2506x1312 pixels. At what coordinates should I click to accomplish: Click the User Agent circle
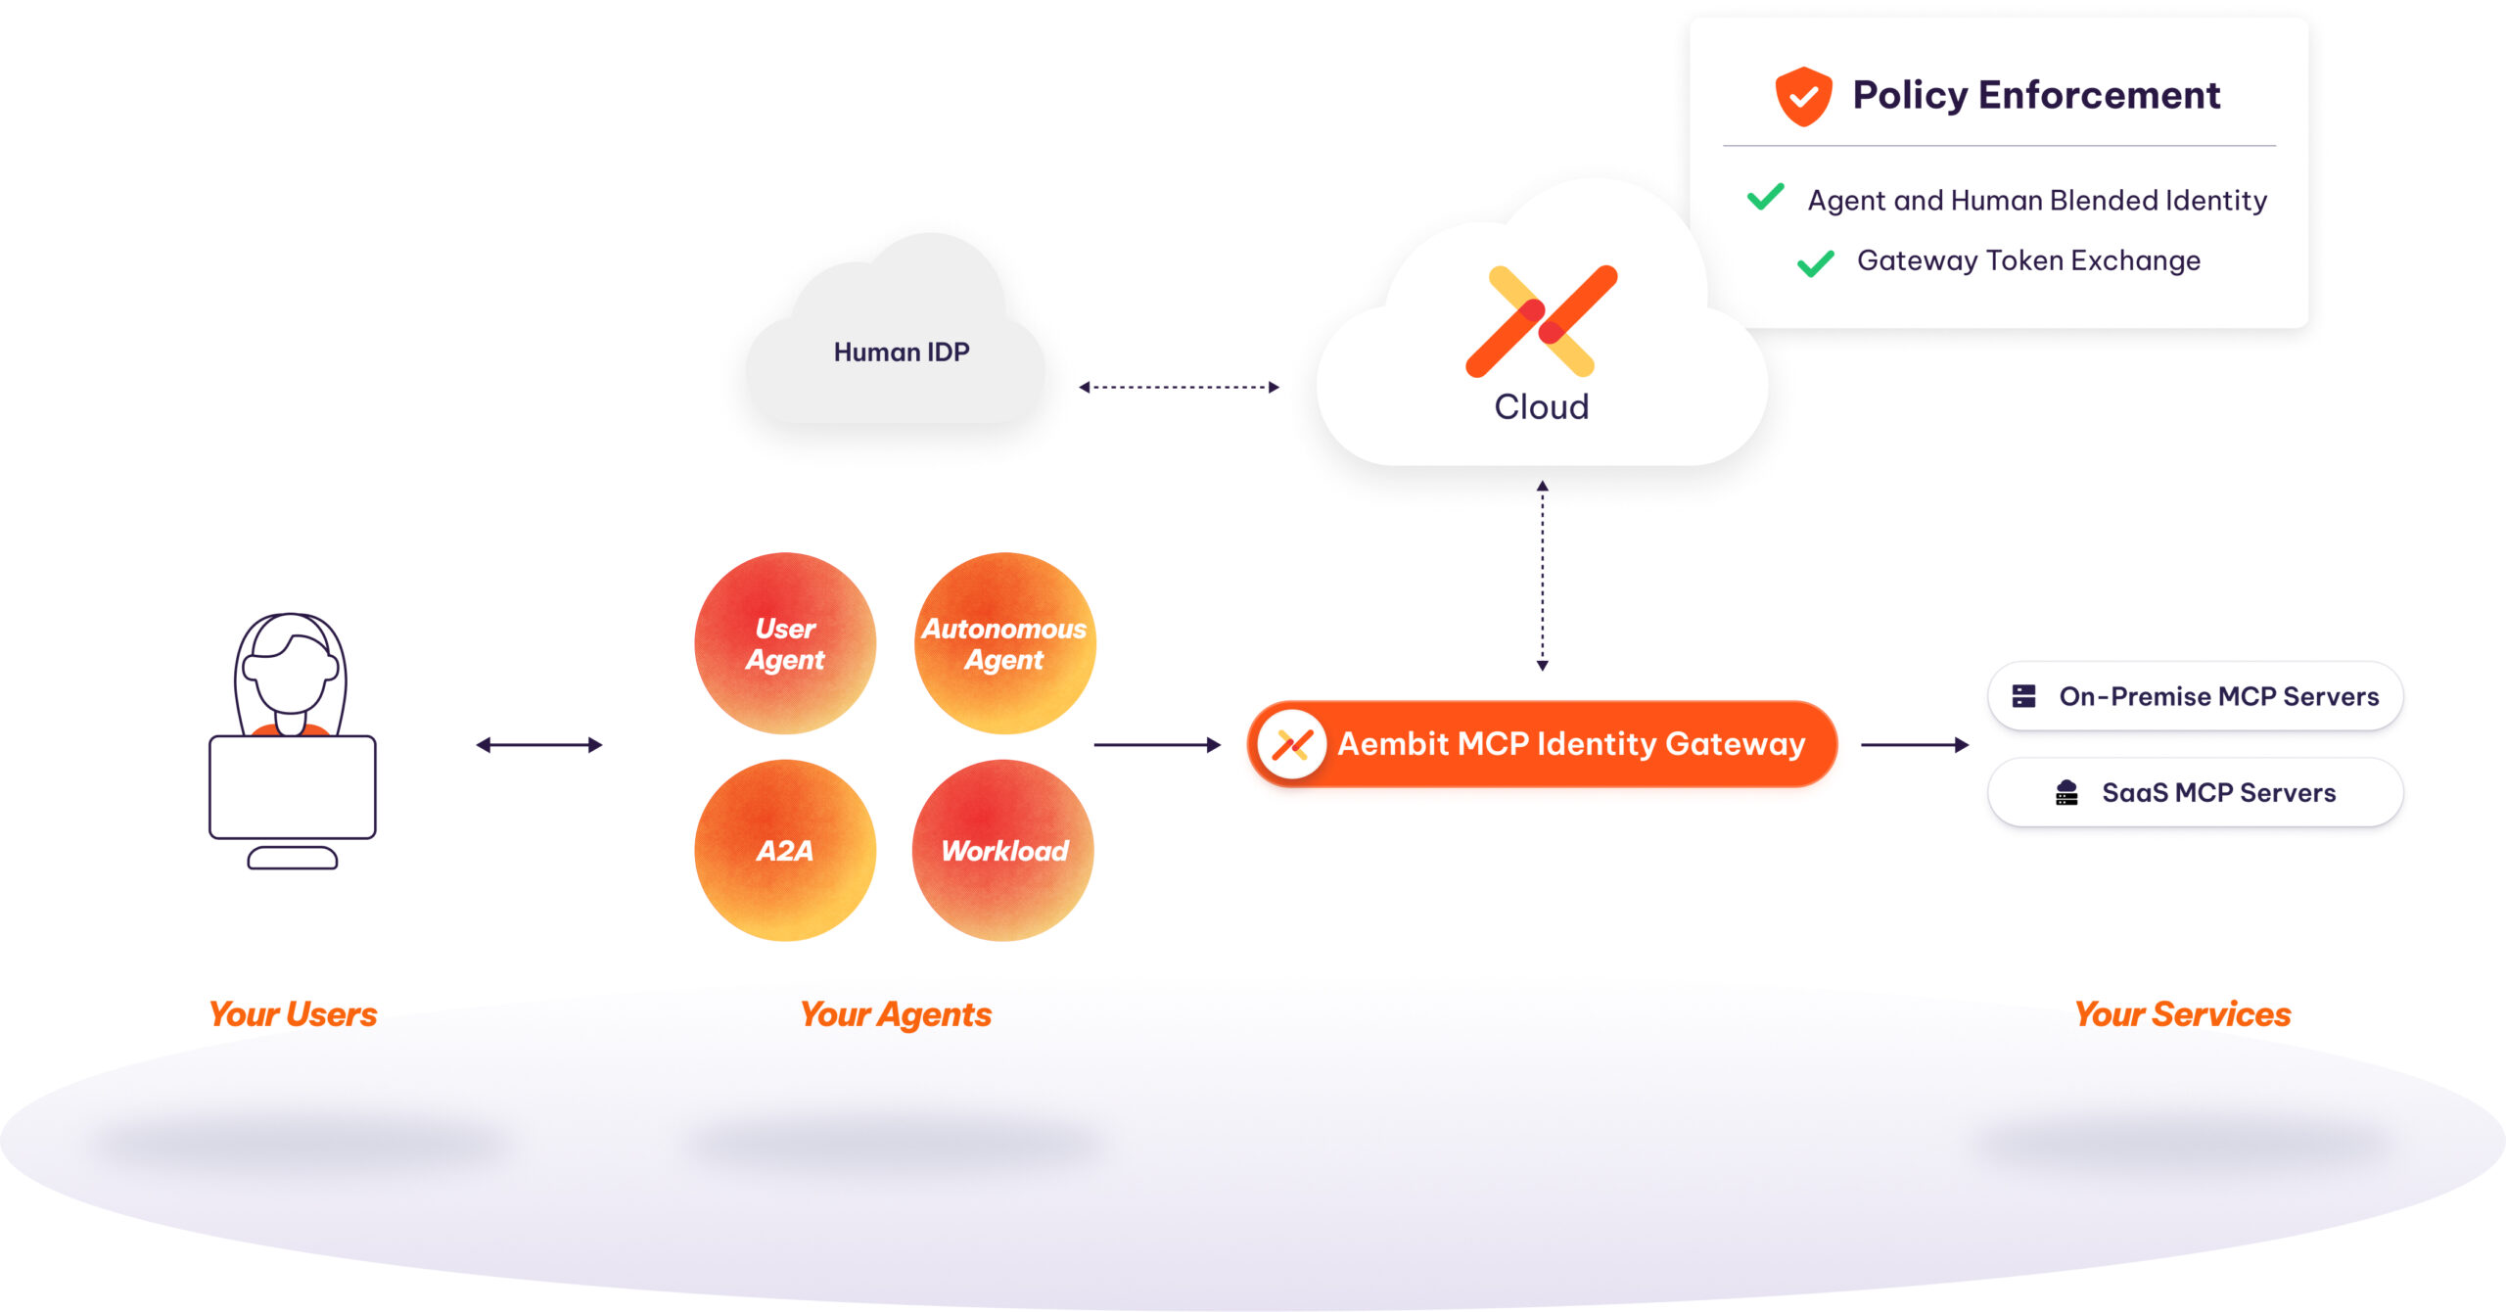785,643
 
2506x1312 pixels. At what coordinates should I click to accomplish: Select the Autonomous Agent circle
1004,643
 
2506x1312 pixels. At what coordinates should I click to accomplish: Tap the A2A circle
785,850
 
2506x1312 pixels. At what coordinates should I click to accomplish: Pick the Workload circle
1003,850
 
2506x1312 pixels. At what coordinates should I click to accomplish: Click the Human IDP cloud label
901,352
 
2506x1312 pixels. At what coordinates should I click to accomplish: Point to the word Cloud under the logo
1541,406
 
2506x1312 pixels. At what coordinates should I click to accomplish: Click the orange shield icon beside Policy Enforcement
1803,96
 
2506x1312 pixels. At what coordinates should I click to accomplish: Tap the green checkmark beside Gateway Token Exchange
1816,262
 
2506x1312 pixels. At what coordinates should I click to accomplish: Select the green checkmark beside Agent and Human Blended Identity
1766,197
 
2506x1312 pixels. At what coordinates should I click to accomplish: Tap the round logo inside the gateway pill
1292,744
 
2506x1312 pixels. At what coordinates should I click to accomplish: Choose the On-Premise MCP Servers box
2195,696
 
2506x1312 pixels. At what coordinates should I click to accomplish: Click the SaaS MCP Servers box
2195,792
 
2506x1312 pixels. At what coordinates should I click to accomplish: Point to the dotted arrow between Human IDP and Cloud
1179,387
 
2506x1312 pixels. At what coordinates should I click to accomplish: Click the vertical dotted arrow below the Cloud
1542,576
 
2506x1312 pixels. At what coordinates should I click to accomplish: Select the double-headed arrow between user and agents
538,745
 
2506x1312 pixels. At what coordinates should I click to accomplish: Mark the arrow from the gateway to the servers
1914,745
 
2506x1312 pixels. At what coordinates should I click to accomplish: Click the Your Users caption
293,1014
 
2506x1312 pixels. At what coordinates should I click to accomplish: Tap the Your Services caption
2182,1014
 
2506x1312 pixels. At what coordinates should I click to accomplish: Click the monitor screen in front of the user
292,787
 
